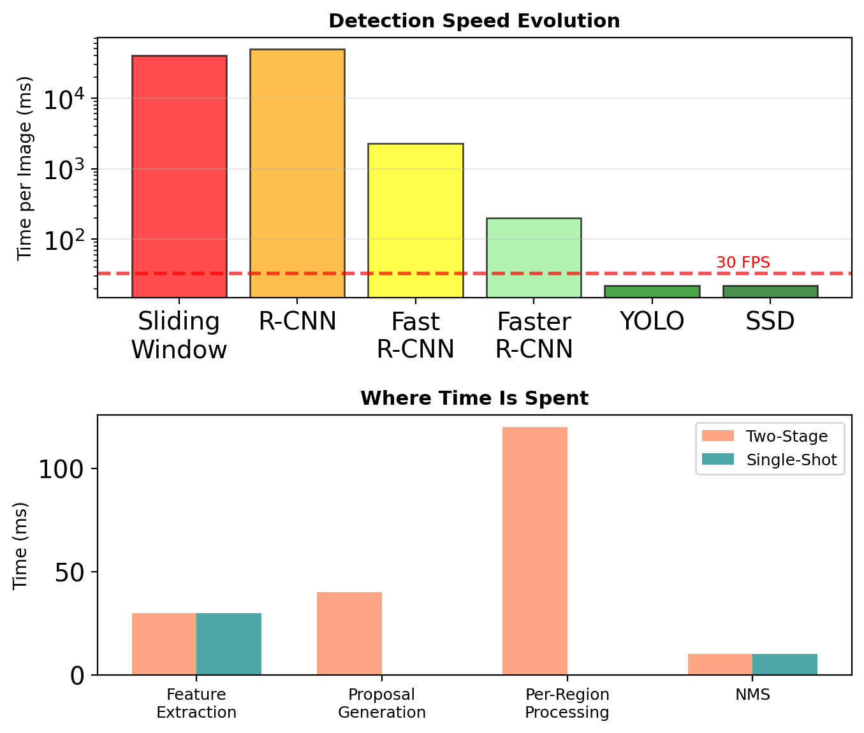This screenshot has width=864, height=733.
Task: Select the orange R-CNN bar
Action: point(297,173)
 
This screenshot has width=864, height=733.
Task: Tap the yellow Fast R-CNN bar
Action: point(416,220)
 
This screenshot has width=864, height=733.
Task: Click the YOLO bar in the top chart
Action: point(652,291)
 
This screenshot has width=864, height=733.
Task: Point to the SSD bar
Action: point(770,291)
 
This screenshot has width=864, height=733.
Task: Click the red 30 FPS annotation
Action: point(743,263)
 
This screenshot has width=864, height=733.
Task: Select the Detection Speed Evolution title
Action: point(474,21)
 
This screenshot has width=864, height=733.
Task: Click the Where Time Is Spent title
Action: point(474,398)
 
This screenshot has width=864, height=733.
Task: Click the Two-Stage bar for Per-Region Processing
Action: point(535,551)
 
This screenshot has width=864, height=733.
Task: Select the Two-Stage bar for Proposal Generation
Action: point(349,633)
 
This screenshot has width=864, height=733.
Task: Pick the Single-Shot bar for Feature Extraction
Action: point(229,644)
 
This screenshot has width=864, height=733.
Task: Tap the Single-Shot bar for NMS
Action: point(785,664)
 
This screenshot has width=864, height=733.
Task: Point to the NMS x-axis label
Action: point(752,695)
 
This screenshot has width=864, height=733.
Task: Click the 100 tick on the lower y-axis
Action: point(61,469)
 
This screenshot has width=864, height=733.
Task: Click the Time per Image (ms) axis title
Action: point(25,168)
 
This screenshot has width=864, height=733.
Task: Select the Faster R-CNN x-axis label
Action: point(534,335)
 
